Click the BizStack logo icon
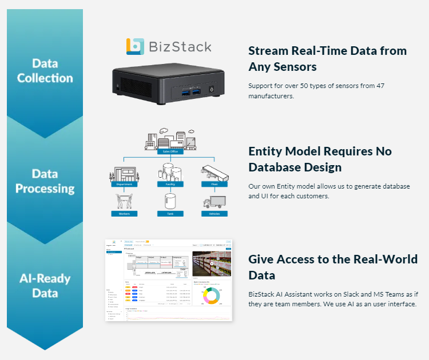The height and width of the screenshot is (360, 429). coord(135,47)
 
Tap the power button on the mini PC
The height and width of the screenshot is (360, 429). coord(212,90)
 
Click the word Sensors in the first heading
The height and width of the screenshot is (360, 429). coord(296,67)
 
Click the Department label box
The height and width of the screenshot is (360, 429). coord(124,185)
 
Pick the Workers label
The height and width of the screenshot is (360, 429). coord(124,214)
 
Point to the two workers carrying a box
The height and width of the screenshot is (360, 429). coord(124,202)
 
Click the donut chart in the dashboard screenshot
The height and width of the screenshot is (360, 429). coord(210,295)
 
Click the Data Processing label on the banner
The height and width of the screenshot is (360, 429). coord(45,181)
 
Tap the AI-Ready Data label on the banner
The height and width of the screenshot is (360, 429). coord(45,286)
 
